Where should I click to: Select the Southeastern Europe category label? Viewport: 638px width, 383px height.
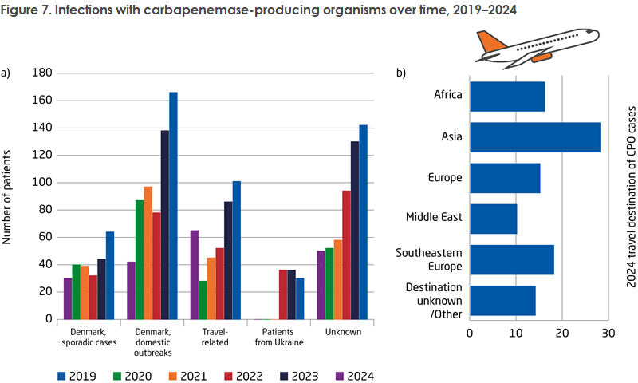point(431,260)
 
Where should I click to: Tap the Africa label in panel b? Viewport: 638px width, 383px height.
point(449,95)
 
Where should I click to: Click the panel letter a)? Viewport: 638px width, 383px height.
point(6,73)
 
